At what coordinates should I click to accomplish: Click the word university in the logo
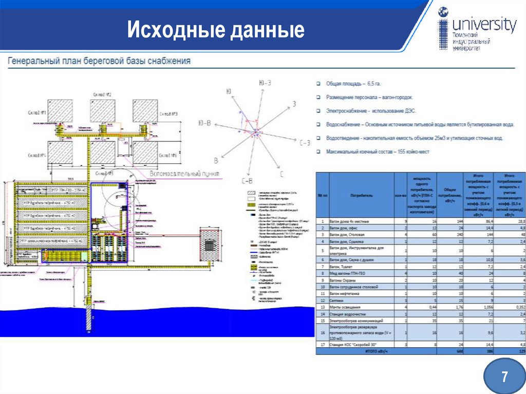tap(484, 25)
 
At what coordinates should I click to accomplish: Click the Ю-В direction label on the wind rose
tap(205, 123)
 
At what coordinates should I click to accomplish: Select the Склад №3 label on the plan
tap(169, 114)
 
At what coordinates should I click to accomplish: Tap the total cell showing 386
tap(478, 351)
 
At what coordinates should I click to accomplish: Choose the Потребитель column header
tap(361, 196)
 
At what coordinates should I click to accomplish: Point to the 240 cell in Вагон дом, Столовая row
tap(452, 234)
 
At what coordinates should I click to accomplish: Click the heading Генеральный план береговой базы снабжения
tap(99, 61)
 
